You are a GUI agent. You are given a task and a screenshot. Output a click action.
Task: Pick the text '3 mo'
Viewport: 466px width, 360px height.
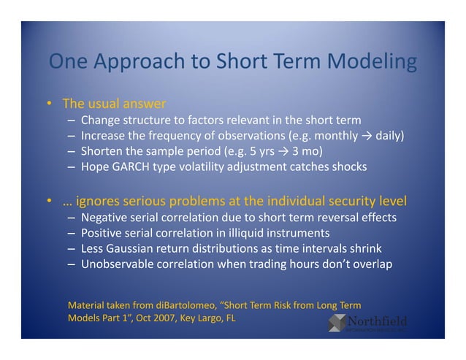click(x=308, y=151)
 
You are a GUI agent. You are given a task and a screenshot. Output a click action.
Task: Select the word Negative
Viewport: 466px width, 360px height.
click(x=106, y=218)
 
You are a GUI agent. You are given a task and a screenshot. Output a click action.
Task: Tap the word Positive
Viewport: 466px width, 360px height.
click(x=104, y=234)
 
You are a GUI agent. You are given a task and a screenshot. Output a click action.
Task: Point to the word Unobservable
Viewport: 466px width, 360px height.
click(x=117, y=264)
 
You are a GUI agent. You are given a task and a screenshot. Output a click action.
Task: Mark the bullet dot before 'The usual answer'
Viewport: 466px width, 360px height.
click(x=49, y=104)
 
